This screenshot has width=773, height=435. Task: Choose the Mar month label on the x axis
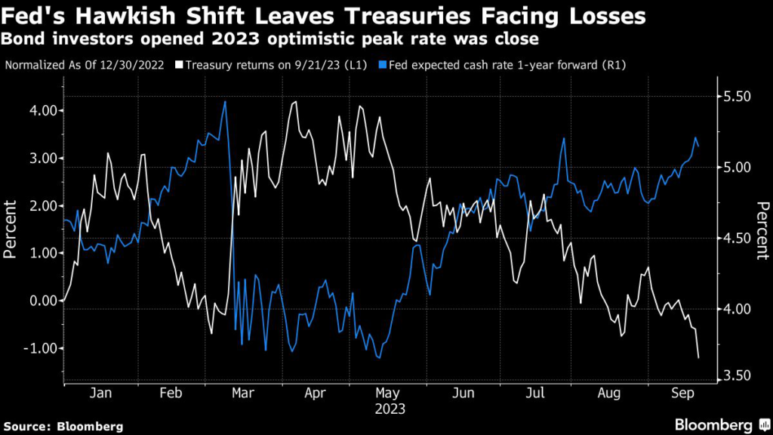click(244, 393)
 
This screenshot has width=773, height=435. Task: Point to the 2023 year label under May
click(390, 409)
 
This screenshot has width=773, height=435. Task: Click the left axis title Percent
click(11, 230)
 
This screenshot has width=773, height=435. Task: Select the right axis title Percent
click(762, 230)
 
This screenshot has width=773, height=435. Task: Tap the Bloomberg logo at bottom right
click(714, 425)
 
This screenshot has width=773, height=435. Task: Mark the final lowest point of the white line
click(698, 357)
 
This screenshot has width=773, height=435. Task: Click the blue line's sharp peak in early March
click(225, 101)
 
